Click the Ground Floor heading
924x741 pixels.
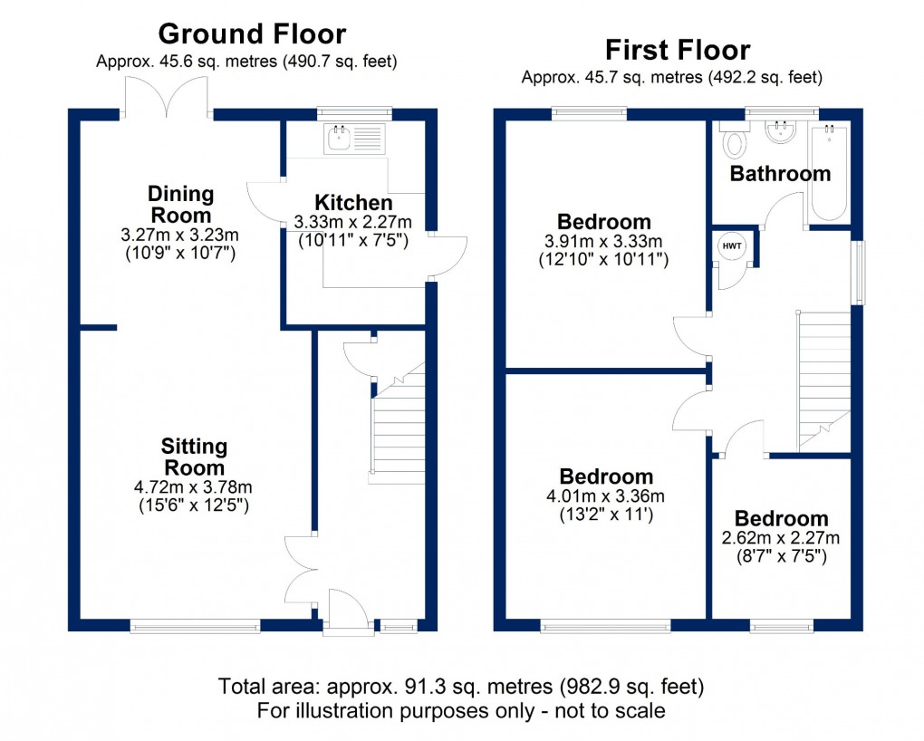[252, 34]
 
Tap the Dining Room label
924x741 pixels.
[180, 204]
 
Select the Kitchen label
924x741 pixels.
[352, 203]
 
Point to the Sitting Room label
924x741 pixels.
[194, 457]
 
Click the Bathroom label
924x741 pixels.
[780, 173]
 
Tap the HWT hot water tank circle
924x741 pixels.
[730, 245]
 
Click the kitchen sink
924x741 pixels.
[342, 140]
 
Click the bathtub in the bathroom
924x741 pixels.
[828, 172]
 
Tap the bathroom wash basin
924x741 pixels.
[780, 134]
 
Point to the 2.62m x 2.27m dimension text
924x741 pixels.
[781, 538]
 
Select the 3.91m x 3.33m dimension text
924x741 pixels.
[603, 242]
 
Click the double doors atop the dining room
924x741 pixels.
[167, 97]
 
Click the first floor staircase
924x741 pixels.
[823, 380]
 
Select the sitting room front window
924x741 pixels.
[195, 625]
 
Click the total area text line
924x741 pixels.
[461, 686]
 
